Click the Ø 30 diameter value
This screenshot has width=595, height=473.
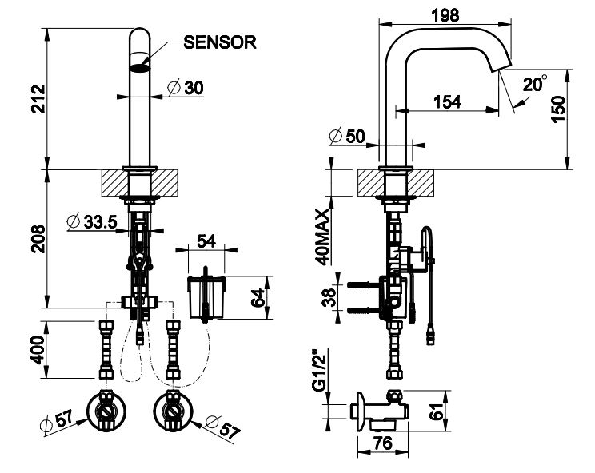(x=182, y=89)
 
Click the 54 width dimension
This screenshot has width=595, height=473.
(x=207, y=240)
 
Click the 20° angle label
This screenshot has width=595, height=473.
(x=535, y=84)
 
